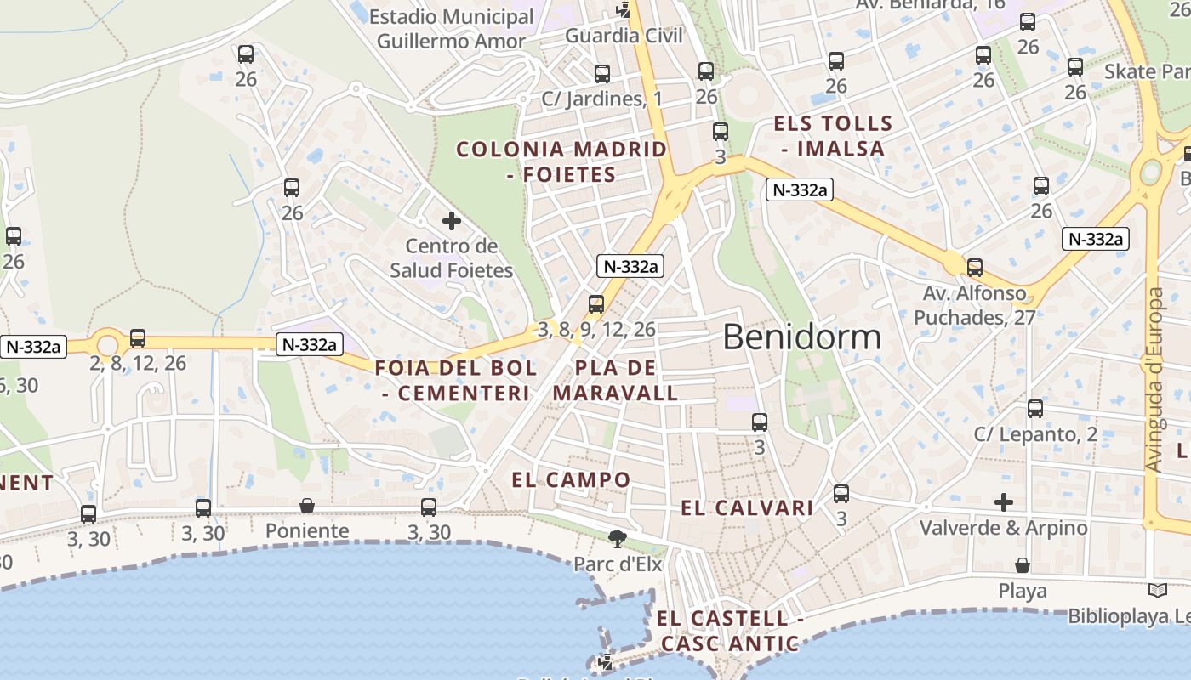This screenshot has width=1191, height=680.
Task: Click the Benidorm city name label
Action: tap(801, 337)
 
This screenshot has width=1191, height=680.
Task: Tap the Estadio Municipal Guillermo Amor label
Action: tap(451, 28)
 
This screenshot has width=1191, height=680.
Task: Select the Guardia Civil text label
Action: tap(624, 36)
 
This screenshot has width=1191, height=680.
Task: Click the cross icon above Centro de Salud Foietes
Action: tap(452, 222)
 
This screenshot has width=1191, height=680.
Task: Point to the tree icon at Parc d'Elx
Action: tap(617, 538)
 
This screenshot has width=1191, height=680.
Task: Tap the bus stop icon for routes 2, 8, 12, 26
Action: tap(138, 338)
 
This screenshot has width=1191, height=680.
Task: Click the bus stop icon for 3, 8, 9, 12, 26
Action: tap(596, 304)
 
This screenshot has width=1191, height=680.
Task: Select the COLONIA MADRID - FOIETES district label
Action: tap(561, 161)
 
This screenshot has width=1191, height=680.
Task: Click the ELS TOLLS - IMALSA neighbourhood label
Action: tap(833, 136)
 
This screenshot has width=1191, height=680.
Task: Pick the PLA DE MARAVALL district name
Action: tap(616, 380)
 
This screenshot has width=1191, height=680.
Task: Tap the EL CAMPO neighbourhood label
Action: tap(571, 479)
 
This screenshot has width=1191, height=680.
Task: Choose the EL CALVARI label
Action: tap(747, 508)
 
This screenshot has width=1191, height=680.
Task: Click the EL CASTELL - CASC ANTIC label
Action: tap(730, 631)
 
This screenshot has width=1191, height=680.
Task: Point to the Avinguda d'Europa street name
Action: tap(1154, 380)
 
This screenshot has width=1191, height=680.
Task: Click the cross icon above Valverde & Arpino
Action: tap(1004, 501)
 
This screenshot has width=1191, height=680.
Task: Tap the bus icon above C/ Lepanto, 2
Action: tap(1035, 409)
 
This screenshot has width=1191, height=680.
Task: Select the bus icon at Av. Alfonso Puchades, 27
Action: tap(975, 268)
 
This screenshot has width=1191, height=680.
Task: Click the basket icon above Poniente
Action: tap(307, 507)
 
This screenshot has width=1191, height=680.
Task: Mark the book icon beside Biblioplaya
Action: tap(1157, 590)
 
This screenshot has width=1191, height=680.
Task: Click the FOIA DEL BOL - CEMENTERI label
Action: tap(456, 380)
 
